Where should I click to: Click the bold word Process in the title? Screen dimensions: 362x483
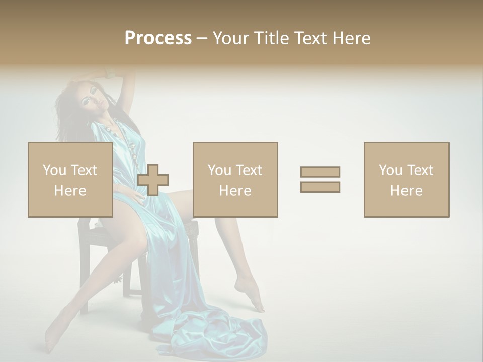pos(158,38)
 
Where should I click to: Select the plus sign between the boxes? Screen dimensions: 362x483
pos(153,180)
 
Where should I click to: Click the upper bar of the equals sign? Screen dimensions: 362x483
pos(320,172)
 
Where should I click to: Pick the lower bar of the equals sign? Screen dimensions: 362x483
pos(320,187)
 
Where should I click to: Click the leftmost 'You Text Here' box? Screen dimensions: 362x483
pos(70,179)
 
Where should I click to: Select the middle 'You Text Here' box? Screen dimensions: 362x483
pos(235,179)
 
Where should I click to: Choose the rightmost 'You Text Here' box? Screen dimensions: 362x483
pos(406,179)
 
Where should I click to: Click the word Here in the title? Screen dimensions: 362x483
pos(350,38)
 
